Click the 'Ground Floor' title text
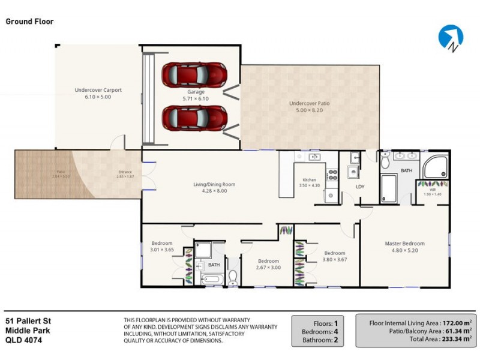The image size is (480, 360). (x=29, y=22)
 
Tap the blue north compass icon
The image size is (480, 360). (x=450, y=37)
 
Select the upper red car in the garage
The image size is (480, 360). (x=194, y=74)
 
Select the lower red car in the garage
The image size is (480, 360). (x=194, y=117)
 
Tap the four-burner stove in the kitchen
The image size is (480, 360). (x=331, y=175)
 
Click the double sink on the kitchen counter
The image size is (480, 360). (x=314, y=157)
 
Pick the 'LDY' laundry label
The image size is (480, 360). (x=360, y=187)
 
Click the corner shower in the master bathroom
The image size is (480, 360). (x=435, y=166)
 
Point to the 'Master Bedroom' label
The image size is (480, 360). (x=404, y=244)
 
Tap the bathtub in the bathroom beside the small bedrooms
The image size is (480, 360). (x=212, y=279)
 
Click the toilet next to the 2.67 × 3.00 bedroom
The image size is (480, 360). (x=233, y=277)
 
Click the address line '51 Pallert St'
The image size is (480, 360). (x=27, y=321)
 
